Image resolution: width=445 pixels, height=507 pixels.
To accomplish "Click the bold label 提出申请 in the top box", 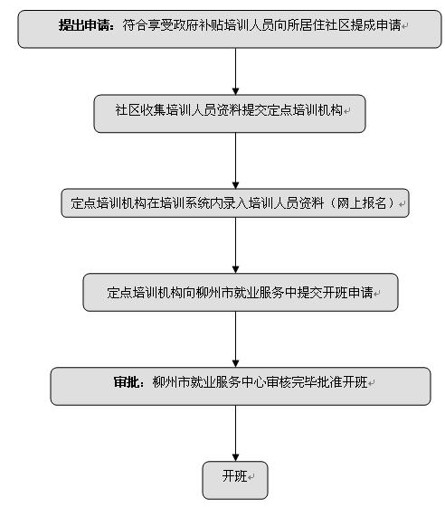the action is click(x=84, y=25).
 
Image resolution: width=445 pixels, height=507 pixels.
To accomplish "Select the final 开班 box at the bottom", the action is click(x=235, y=480).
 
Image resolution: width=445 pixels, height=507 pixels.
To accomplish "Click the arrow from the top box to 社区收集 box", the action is click(x=235, y=71).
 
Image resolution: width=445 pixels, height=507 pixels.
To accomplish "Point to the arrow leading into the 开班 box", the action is click(x=235, y=433).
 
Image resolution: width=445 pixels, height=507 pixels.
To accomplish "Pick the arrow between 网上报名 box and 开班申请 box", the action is click(x=235, y=246).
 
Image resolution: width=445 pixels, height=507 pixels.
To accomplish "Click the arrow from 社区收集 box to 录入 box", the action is click(x=235, y=161).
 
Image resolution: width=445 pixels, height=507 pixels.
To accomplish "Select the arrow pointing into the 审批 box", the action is click(x=235, y=340).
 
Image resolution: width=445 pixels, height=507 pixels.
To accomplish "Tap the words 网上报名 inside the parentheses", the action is click(x=362, y=203).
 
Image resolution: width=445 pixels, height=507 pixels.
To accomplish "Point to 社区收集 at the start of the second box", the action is click(x=140, y=110).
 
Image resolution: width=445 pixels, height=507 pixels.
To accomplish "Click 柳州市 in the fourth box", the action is click(x=214, y=292).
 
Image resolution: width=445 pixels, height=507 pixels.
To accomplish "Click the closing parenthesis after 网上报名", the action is click(x=391, y=203).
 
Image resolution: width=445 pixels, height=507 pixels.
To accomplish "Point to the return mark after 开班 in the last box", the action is click(x=251, y=477).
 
